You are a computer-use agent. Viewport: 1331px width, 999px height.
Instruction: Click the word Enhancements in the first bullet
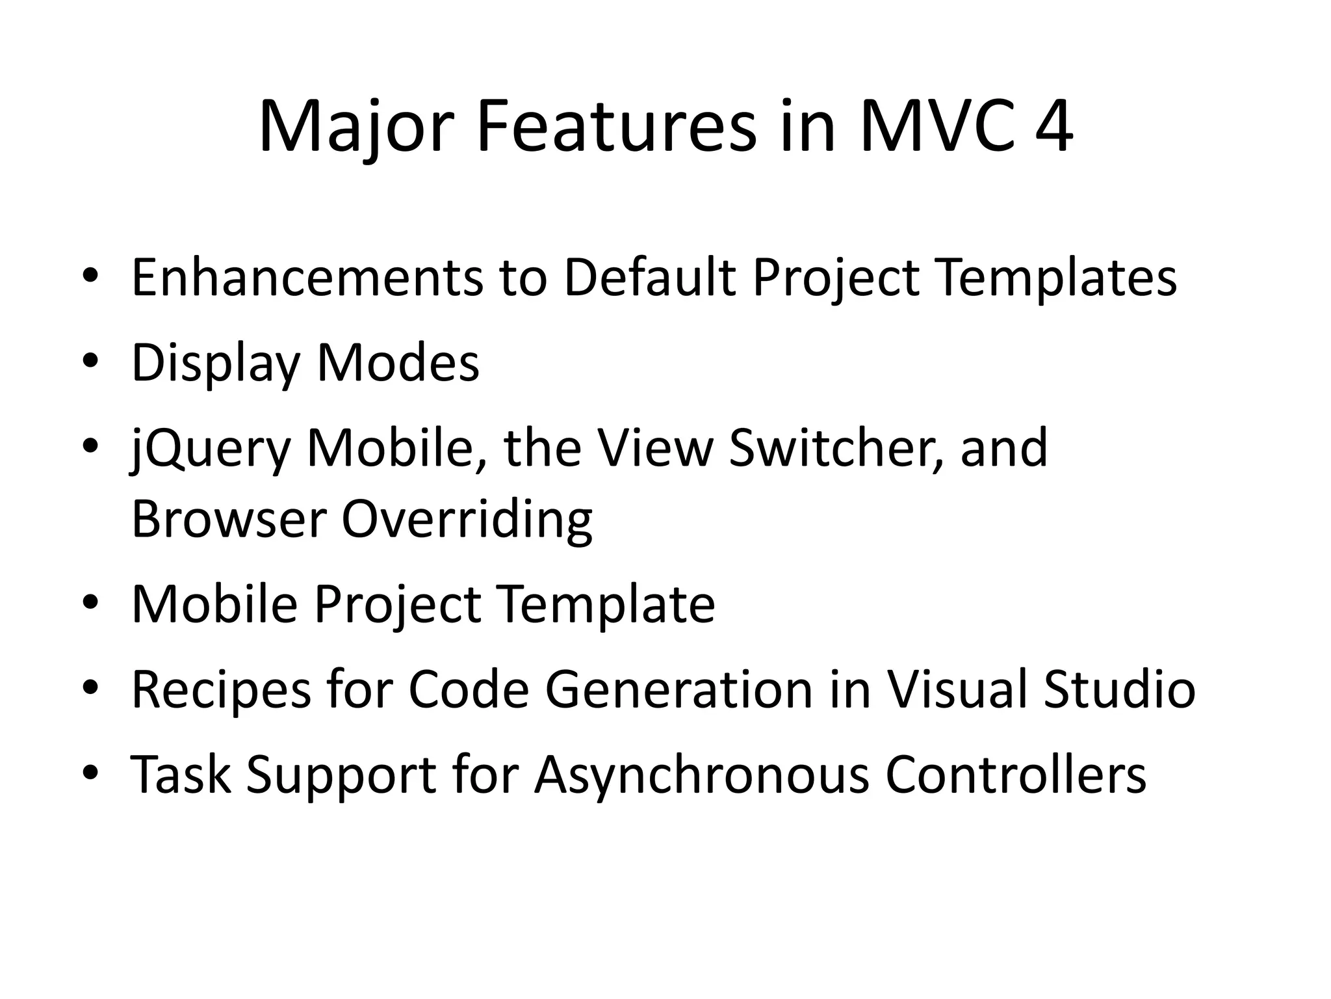[307, 278]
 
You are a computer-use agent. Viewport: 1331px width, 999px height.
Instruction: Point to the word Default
[651, 278]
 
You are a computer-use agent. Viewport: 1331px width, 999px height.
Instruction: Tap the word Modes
[398, 363]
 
